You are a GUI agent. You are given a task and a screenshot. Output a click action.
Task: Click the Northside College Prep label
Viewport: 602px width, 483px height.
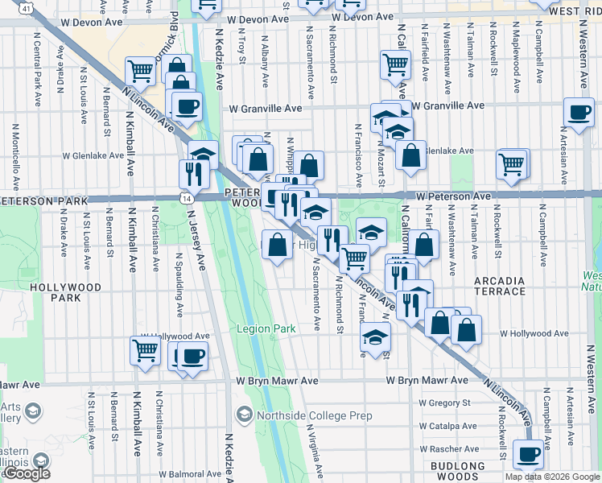tap(304, 415)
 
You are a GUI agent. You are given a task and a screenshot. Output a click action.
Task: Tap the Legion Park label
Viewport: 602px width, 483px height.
tap(266, 328)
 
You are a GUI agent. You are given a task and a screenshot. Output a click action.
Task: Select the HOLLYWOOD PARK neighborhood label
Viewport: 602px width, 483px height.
tap(66, 292)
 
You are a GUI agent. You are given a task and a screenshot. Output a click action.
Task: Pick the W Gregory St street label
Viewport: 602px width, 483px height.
tap(444, 402)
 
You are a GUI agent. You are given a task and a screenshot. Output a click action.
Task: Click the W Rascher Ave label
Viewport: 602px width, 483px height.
tap(448, 448)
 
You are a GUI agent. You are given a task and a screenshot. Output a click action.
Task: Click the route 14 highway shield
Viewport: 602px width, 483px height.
tap(187, 197)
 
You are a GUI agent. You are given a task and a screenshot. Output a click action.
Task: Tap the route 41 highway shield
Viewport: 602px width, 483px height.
tap(27, 8)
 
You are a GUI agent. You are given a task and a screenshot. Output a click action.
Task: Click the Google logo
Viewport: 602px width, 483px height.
tap(27, 473)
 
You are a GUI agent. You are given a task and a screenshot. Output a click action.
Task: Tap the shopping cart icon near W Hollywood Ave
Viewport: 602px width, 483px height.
tap(145, 349)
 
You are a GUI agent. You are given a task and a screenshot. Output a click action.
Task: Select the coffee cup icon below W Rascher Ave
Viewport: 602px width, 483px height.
tap(529, 453)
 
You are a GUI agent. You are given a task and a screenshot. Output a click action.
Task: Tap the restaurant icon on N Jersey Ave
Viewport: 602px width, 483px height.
tap(193, 172)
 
